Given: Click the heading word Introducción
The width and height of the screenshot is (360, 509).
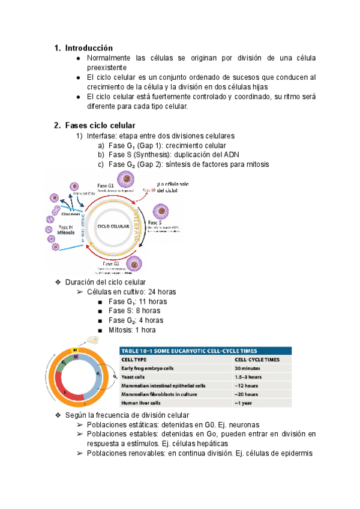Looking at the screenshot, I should tap(89, 47).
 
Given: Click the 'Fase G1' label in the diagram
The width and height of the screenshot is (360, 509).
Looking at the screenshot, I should tap(106, 186).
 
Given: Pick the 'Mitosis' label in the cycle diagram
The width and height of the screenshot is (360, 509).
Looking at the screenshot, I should tap(67, 233).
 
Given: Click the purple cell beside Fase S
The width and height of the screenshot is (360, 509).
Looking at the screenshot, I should tap(162, 211).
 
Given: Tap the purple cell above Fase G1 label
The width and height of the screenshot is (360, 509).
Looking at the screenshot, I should tap(127, 178).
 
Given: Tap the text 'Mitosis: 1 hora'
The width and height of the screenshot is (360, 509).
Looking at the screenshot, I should tap(132, 330).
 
